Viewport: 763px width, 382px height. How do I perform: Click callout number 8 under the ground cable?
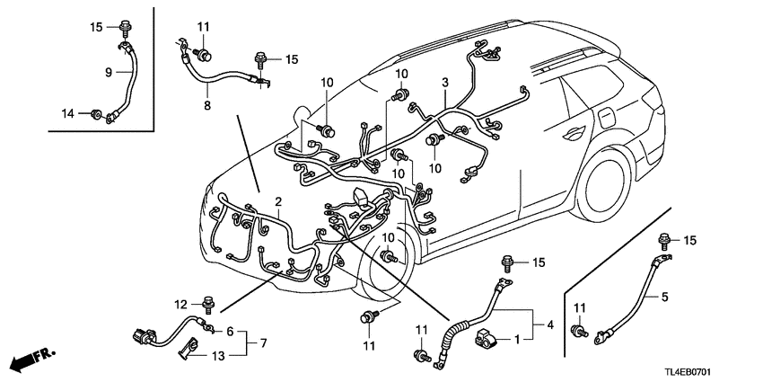pyautogui.click(x=206, y=106)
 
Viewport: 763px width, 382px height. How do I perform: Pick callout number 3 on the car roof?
pyautogui.click(x=444, y=83)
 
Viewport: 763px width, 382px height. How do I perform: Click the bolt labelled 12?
pyautogui.click(x=209, y=303)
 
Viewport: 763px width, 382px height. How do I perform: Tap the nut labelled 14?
pyautogui.click(x=95, y=113)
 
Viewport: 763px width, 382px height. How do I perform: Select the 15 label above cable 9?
pyautogui.click(x=97, y=26)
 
